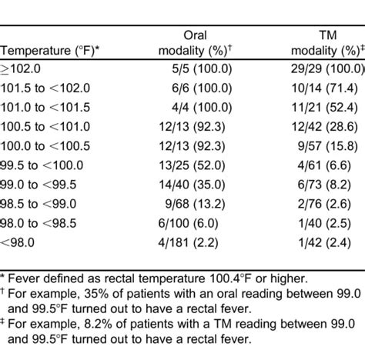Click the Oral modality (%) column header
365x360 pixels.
[x=195, y=43]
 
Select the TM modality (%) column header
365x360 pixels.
[x=328, y=43]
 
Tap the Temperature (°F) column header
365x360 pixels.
[x=49, y=51]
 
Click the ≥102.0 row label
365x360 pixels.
[x=20, y=69]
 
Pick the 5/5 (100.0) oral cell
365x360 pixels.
[x=202, y=69]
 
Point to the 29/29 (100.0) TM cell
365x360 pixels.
[x=328, y=69]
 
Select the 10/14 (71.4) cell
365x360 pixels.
[x=324, y=88]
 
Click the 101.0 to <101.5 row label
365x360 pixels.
[x=45, y=108]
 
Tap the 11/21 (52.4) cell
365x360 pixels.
[x=324, y=108]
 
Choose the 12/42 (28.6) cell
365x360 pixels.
[x=324, y=127]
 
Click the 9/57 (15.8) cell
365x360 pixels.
[x=327, y=146]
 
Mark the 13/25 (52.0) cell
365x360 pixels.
[x=192, y=165]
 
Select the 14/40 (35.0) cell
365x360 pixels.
[x=192, y=185]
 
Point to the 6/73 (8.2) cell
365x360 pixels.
[x=324, y=185]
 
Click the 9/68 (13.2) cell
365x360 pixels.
[x=195, y=204]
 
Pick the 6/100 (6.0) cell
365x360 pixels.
[x=188, y=223]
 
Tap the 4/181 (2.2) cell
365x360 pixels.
[x=188, y=242]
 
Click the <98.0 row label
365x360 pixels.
[x=17, y=242]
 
